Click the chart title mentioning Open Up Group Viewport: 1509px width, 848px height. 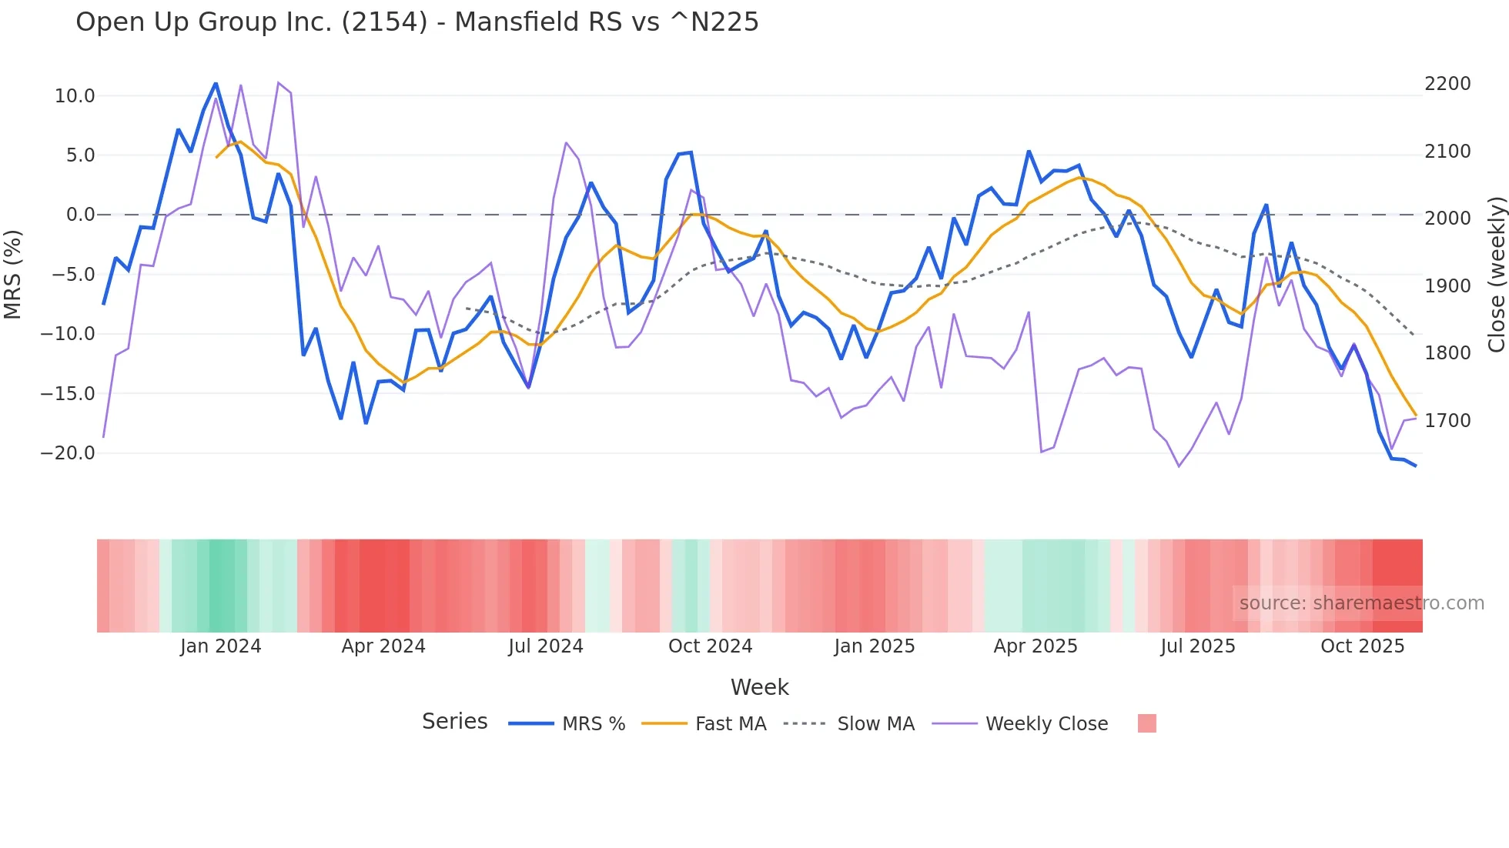point(417,22)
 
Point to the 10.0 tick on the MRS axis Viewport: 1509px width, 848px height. point(75,96)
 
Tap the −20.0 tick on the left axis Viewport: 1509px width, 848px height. point(68,453)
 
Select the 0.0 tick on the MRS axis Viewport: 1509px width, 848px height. point(80,215)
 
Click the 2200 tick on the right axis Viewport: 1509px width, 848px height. point(1447,84)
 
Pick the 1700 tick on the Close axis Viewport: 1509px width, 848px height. point(1447,421)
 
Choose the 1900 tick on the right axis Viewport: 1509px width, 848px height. point(1447,286)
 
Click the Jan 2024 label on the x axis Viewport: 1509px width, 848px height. point(221,646)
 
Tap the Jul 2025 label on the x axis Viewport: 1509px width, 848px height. point(1198,646)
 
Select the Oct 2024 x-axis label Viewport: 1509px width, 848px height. point(710,646)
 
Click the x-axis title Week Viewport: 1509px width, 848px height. point(759,687)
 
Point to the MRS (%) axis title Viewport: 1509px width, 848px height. point(13,274)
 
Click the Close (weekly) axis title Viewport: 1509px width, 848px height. point(1496,274)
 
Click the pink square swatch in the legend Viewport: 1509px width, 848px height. point(1146,723)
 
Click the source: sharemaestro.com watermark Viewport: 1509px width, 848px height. point(1361,603)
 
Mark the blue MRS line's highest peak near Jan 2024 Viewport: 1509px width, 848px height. point(216,83)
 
